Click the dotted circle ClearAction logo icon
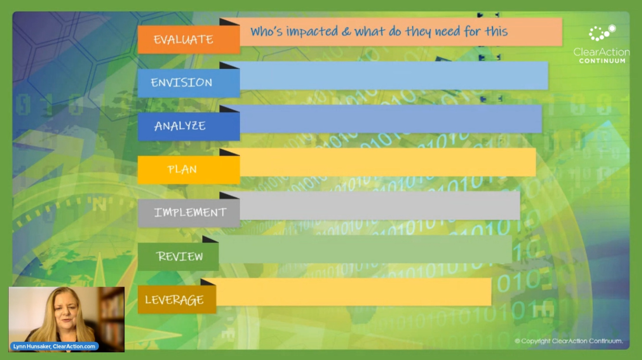[602, 33]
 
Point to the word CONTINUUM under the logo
[602, 61]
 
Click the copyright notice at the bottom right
[569, 341]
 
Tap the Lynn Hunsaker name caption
[54, 346]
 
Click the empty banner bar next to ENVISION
[394, 76]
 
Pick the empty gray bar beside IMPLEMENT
[379, 206]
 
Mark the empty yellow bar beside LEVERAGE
[353, 292]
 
